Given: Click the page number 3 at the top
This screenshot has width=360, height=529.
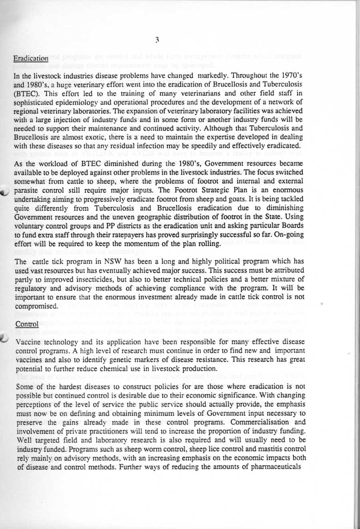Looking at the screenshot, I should [x=158, y=39].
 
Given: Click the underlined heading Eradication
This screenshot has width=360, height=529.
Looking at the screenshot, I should [x=31, y=58].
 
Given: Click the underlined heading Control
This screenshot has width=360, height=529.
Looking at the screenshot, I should [x=26, y=324].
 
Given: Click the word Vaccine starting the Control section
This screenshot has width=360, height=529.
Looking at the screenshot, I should [x=27, y=342].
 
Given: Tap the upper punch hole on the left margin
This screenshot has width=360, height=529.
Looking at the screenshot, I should [x=5, y=192].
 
